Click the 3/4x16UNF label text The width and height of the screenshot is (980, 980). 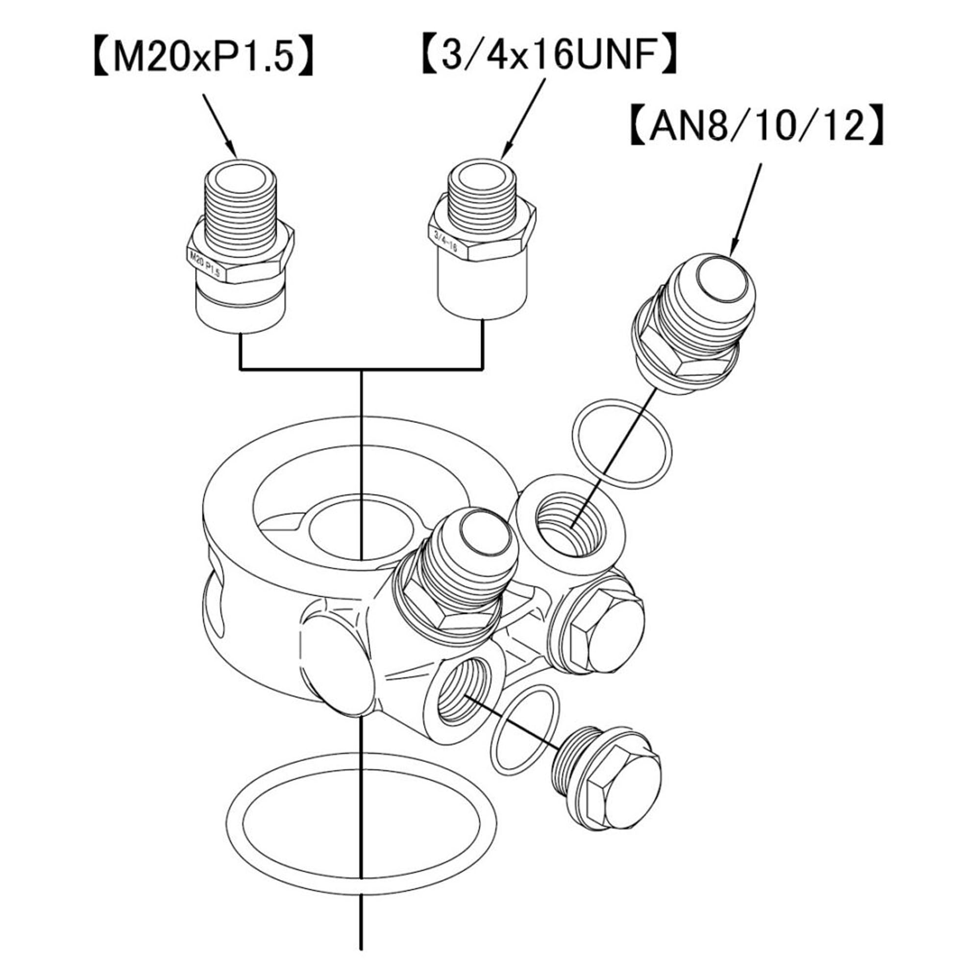point(549,54)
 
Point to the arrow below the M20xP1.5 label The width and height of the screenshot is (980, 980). point(220,125)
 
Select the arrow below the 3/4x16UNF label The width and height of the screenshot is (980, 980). point(523,119)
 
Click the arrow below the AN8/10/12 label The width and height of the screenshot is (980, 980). point(745,209)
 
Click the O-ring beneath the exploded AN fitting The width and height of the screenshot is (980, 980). point(622,443)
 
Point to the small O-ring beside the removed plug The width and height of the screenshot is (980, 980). point(525,735)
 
